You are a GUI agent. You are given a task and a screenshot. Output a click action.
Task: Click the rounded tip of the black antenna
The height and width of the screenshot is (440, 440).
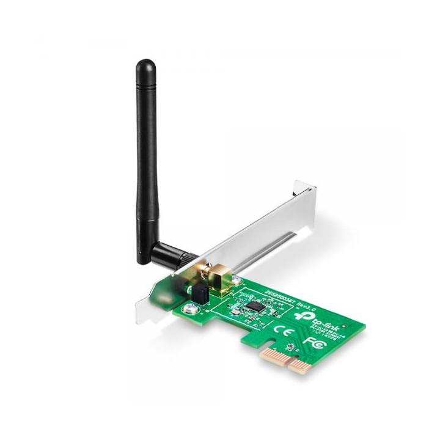pyautogui.click(x=145, y=65)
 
